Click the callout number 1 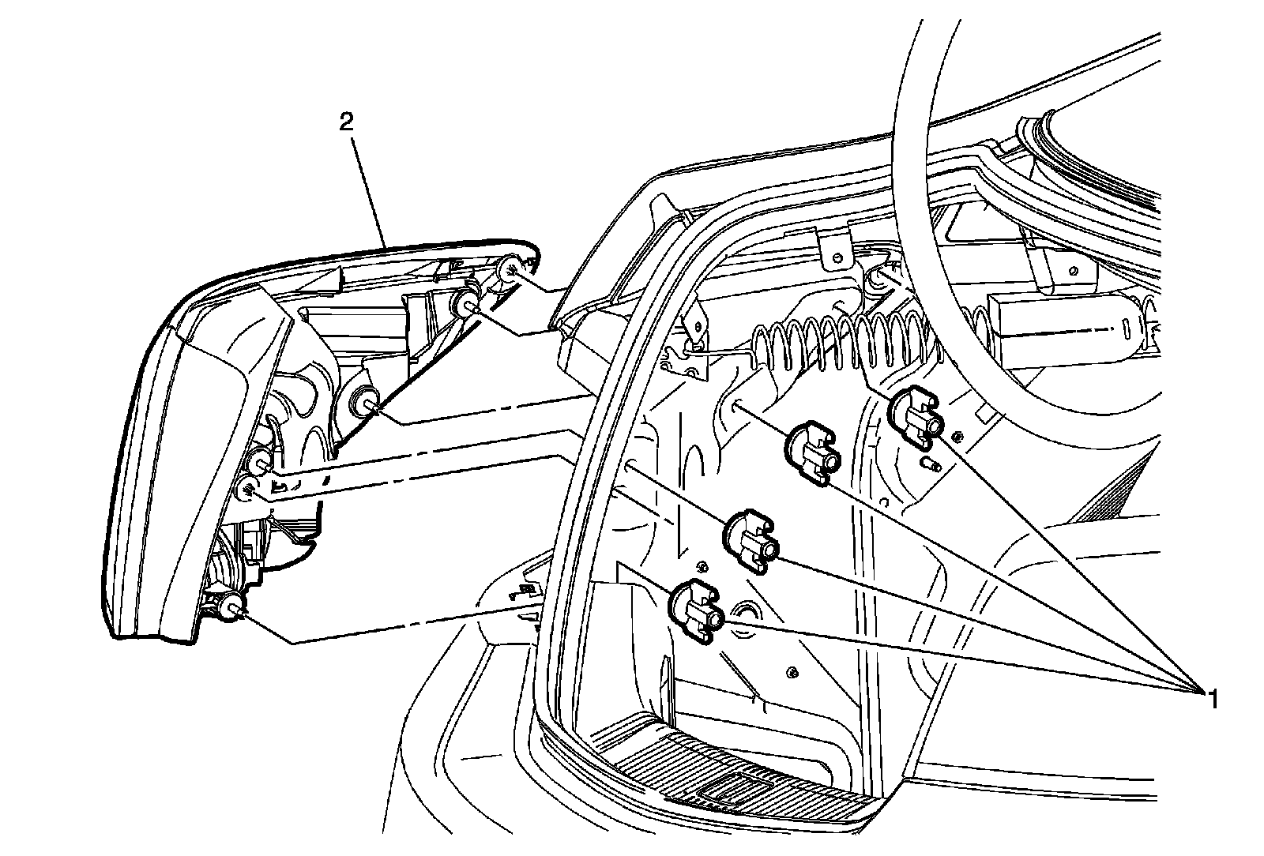[x=1209, y=698]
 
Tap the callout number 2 [x=345, y=122]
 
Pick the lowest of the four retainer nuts [x=695, y=609]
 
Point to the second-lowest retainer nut [x=751, y=539]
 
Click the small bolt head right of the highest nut [x=957, y=436]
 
